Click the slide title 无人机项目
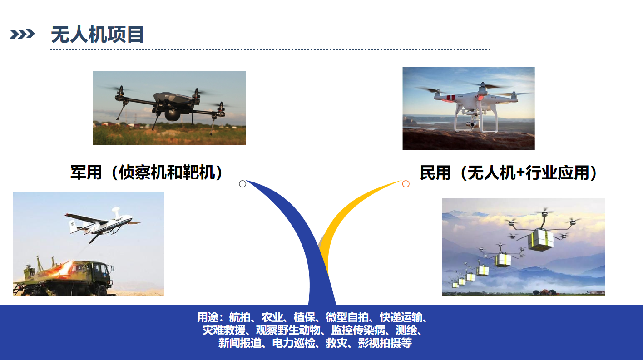coord(97,35)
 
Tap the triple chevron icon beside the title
coord(22,34)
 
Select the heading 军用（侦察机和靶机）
coord(146,172)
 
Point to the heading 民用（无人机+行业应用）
coord(509,173)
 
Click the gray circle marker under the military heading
coord(242,184)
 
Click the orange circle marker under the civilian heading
coord(406,184)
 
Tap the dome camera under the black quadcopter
coord(173,114)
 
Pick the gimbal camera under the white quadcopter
coord(472,123)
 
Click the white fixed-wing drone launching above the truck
coord(102,224)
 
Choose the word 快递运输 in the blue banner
coord(401,317)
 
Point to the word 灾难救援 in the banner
coord(224,330)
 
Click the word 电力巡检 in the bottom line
coord(293,343)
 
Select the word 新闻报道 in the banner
coord(240,343)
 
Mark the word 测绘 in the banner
coord(406,330)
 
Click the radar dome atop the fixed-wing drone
coord(116,211)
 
